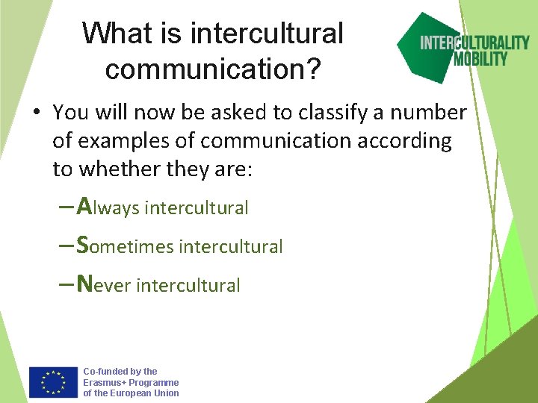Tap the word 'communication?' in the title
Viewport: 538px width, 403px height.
click(x=213, y=69)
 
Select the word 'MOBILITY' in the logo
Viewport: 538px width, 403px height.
click(x=480, y=58)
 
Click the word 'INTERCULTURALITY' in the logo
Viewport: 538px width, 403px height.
click(x=474, y=43)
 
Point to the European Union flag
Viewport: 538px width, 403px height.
click(x=53, y=382)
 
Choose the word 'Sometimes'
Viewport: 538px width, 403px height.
click(x=126, y=245)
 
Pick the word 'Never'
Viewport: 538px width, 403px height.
click(x=105, y=284)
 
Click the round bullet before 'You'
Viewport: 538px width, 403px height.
click(x=36, y=113)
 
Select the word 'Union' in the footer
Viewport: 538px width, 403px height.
click(x=165, y=393)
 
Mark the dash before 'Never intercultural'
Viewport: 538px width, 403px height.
click(x=65, y=284)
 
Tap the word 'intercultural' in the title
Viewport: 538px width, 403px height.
click(x=267, y=33)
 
